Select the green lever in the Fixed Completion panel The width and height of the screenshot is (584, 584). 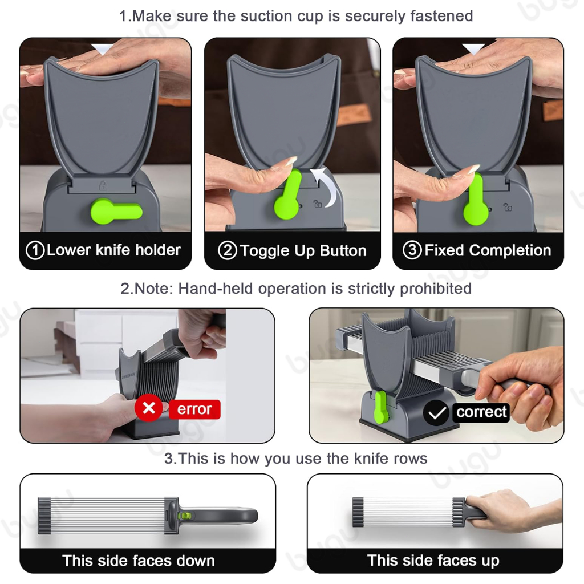tap(475, 201)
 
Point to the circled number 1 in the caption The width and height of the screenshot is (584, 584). tap(35, 250)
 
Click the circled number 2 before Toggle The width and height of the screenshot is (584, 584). tap(228, 251)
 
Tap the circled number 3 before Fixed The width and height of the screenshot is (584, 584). tap(412, 250)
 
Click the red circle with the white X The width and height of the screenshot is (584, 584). tap(149, 408)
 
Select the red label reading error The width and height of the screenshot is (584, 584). tap(194, 409)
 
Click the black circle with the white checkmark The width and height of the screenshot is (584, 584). tap(436, 413)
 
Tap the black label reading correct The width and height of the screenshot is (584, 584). tap(481, 412)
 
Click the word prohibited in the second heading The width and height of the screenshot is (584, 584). tap(435, 289)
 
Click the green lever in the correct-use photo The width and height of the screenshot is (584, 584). tap(381, 407)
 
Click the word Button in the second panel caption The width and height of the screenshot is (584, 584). tap(343, 251)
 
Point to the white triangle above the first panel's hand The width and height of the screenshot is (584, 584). tap(103, 49)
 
